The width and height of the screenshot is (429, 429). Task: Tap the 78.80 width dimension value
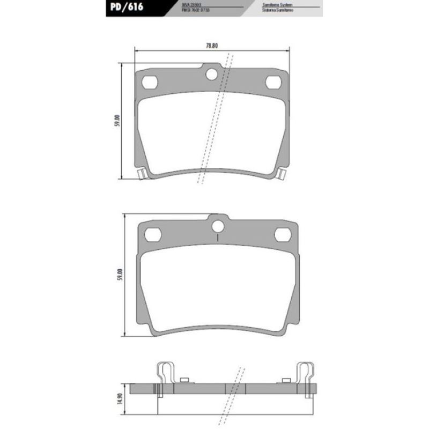(x=212, y=46)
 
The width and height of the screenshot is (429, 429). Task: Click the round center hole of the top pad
(x=212, y=73)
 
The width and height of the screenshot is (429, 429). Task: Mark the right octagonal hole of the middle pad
(x=282, y=235)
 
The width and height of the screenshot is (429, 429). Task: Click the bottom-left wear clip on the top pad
(x=142, y=174)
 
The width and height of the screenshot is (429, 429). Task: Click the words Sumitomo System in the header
(x=276, y=4)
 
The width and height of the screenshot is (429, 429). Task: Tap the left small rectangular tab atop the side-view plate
(x=185, y=380)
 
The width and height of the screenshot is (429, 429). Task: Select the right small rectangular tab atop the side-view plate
(x=286, y=380)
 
